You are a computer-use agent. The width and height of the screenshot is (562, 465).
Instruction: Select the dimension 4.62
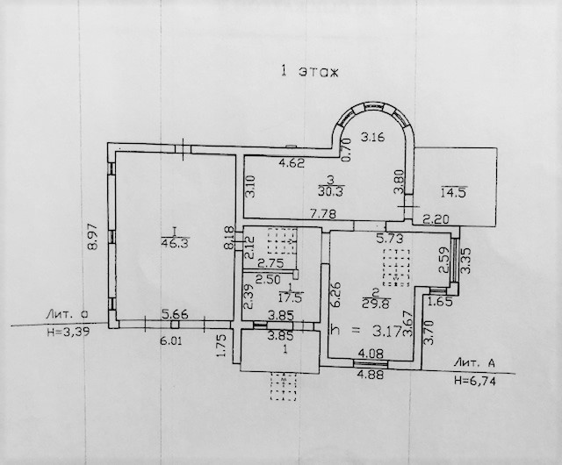coord(292,162)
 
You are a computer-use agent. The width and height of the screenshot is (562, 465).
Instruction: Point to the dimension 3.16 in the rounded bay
coord(375,136)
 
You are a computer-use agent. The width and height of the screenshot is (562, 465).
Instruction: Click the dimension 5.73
coord(389,237)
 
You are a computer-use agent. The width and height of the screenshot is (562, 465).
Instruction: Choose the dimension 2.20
coord(435,218)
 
